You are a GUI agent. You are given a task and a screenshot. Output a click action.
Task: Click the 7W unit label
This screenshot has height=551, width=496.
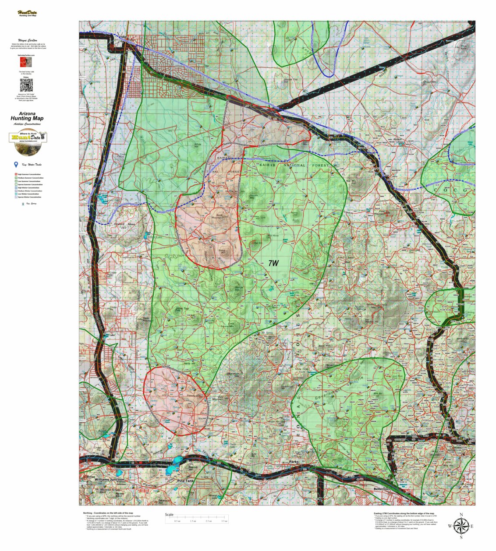(273, 263)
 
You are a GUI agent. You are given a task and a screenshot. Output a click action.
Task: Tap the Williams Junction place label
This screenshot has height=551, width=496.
(109, 479)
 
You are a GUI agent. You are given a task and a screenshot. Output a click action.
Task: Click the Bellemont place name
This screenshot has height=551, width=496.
(382, 488)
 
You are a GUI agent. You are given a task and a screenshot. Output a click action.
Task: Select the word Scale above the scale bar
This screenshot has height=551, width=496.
(169, 515)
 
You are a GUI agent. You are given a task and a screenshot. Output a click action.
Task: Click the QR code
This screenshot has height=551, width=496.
(27, 85)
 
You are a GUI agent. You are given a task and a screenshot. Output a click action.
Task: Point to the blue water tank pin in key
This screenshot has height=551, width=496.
(16, 165)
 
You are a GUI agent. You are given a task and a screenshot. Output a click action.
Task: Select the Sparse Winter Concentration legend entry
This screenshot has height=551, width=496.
(30, 197)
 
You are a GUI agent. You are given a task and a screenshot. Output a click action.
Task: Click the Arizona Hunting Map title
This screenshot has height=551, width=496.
(27, 116)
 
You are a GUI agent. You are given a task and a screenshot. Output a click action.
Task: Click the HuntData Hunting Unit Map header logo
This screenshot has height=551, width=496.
(27, 14)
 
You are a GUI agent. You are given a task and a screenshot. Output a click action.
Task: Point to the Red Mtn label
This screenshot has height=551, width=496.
(351, 181)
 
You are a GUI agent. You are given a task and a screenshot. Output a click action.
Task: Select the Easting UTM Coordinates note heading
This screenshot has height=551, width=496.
(404, 513)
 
